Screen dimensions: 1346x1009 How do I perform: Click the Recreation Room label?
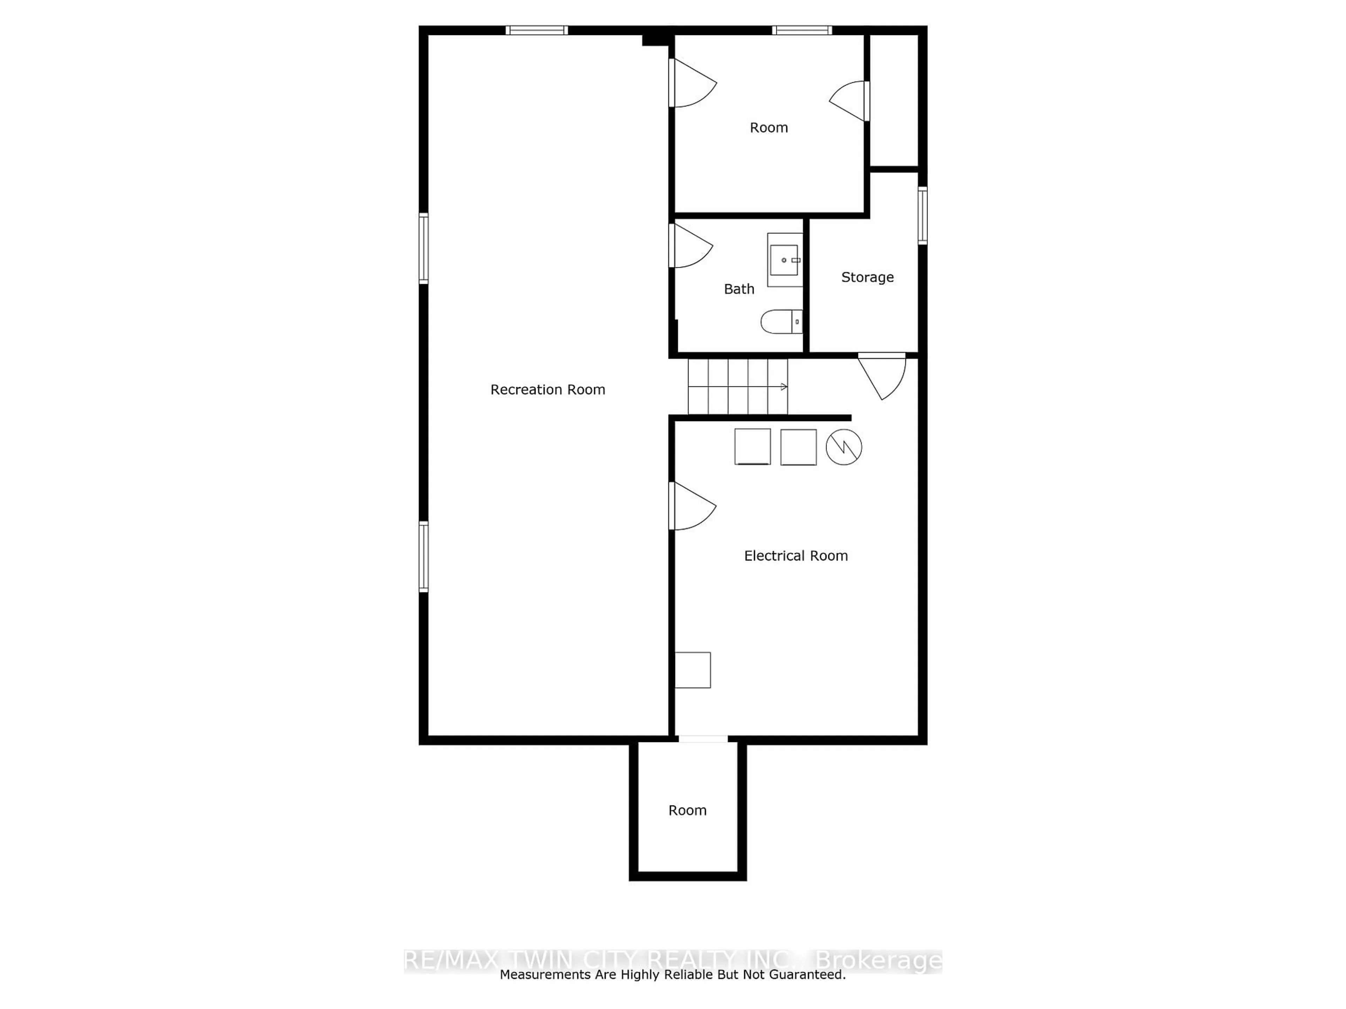pos(548,390)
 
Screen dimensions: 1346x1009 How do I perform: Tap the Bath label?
pos(739,289)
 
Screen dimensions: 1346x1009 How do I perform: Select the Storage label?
pos(867,277)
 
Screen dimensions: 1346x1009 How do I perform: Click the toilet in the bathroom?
pos(781,322)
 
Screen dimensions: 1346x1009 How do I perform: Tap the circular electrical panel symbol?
pos(843,448)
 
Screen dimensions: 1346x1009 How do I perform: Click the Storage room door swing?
pos(882,377)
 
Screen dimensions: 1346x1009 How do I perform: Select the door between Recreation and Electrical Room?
pos(693,506)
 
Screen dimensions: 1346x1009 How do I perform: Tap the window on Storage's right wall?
pos(923,216)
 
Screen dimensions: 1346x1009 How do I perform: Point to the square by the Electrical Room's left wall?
pos(693,670)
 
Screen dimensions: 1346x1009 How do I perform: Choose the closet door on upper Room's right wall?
pos(849,101)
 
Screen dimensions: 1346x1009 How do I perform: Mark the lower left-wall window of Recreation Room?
pos(423,556)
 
